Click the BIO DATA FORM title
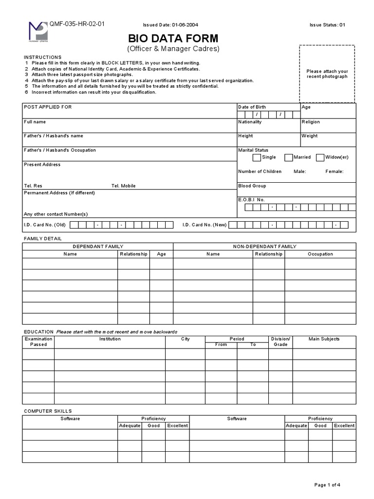(173, 38)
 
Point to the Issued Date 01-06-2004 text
(170, 25)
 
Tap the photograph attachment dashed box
(327, 74)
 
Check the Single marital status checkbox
(257, 157)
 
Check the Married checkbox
(289, 157)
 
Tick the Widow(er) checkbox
(320, 157)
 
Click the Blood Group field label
(252, 186)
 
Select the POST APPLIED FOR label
(48, 107)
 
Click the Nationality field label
(250, 122)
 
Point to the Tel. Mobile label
(124, 186)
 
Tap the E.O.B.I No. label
(251, 200)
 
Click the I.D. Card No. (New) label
(205, 225)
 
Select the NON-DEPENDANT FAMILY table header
(264, 247)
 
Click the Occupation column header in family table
(320, 254)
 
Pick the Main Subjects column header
(324, 339)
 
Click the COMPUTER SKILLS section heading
(48, 411)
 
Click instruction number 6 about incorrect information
(93, 92)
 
